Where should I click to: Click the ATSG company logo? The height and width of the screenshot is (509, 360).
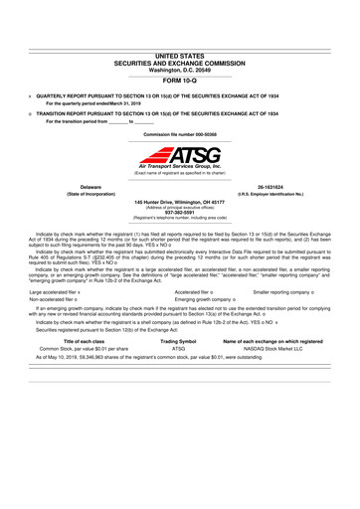(180, 157)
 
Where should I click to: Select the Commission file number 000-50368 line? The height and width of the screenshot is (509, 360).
(180, 132)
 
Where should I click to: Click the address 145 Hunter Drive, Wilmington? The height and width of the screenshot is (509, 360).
(180, 201)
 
